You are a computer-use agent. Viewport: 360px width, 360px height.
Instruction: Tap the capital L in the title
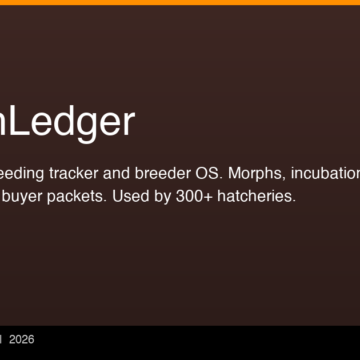tap(22, 121)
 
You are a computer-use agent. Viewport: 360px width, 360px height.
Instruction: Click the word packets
tap(76, 195)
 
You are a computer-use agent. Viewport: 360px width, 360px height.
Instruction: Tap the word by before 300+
tap(166, 195)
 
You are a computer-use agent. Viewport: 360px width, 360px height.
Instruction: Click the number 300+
tap(199, 195)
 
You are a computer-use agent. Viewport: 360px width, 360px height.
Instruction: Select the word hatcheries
tap(259, 195)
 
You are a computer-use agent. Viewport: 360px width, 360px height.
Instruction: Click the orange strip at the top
tap(180, 2)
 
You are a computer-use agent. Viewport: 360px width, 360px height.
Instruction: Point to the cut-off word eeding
tap(24, 172)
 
